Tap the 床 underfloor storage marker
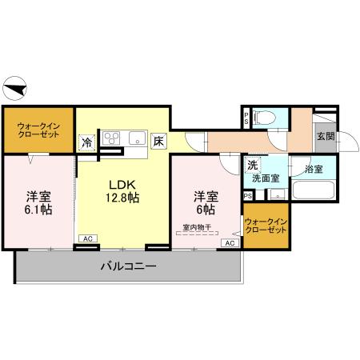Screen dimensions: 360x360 158,142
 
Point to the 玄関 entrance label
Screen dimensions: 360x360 325,136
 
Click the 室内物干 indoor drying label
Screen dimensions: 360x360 197,227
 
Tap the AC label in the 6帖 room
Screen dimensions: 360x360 229,242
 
